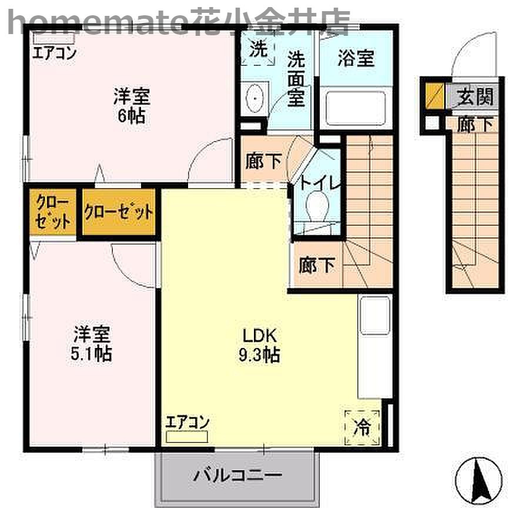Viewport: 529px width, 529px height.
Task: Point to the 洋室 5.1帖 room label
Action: tap(92, 344)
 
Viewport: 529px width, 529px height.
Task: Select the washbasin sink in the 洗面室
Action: tap(255, 99)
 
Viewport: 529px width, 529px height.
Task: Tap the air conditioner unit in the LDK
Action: tap(187, 437)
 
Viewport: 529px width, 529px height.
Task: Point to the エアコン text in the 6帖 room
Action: tap(54, 53)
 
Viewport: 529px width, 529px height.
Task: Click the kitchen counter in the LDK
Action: tap(374, 347)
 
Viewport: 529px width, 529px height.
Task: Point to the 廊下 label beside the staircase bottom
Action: tap(316, 266)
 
